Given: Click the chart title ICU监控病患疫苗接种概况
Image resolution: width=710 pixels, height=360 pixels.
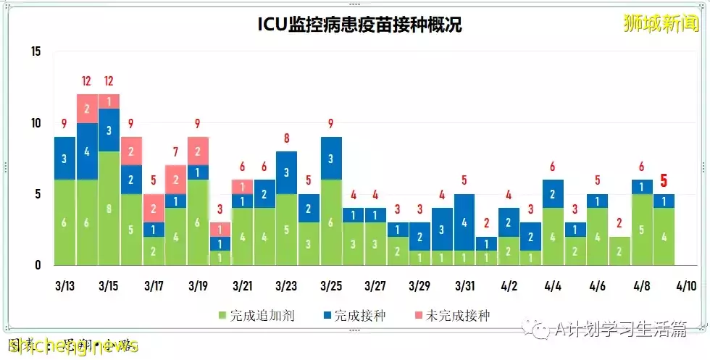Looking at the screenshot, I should tap(360, 24).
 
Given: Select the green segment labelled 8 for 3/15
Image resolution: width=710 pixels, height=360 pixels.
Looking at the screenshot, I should tap(109, 209).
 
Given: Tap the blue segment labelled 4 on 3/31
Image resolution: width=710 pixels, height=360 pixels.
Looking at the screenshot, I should tap(464, 222).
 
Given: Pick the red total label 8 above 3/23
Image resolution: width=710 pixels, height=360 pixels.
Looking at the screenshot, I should tap(286, 138).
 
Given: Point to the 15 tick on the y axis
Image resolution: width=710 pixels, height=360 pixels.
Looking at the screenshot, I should tap(36, 51).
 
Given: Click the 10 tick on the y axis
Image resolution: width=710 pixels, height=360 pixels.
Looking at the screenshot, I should tap(36, 123).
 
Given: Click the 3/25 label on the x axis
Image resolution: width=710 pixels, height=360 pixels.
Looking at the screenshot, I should tap(330, 286).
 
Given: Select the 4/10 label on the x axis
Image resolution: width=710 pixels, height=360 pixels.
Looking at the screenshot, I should tap(685, 286).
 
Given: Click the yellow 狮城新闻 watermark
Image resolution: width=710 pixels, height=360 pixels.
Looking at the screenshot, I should tap(661, 24).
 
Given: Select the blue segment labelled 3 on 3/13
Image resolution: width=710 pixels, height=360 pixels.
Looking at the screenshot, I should tap(64, 159).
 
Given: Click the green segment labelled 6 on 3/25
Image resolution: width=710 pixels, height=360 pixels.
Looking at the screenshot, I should tap(330, 222).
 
